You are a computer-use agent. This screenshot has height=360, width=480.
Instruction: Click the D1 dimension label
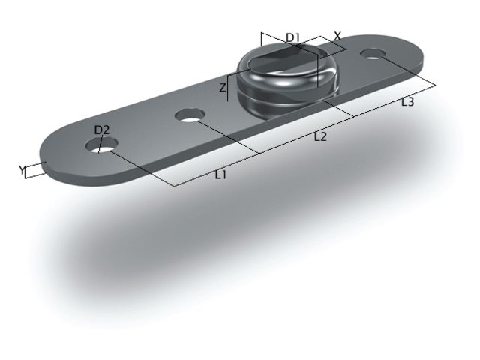click(293, 37)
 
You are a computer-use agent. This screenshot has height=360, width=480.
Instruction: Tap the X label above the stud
click(337, 36)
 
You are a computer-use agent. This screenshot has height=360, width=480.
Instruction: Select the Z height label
click(223, 88)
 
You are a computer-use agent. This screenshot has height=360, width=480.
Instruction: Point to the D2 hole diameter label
click(102, 130)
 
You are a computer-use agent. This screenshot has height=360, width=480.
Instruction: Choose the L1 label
click(220, 175)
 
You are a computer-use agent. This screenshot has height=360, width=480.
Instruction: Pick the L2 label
click(320, 136)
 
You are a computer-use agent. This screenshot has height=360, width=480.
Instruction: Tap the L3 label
click(407, 101)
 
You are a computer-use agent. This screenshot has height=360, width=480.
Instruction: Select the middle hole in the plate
click(190, 115)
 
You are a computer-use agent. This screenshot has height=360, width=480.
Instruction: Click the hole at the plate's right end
click(373, 53)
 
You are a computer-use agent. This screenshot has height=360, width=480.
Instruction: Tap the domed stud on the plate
click(285, 82)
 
